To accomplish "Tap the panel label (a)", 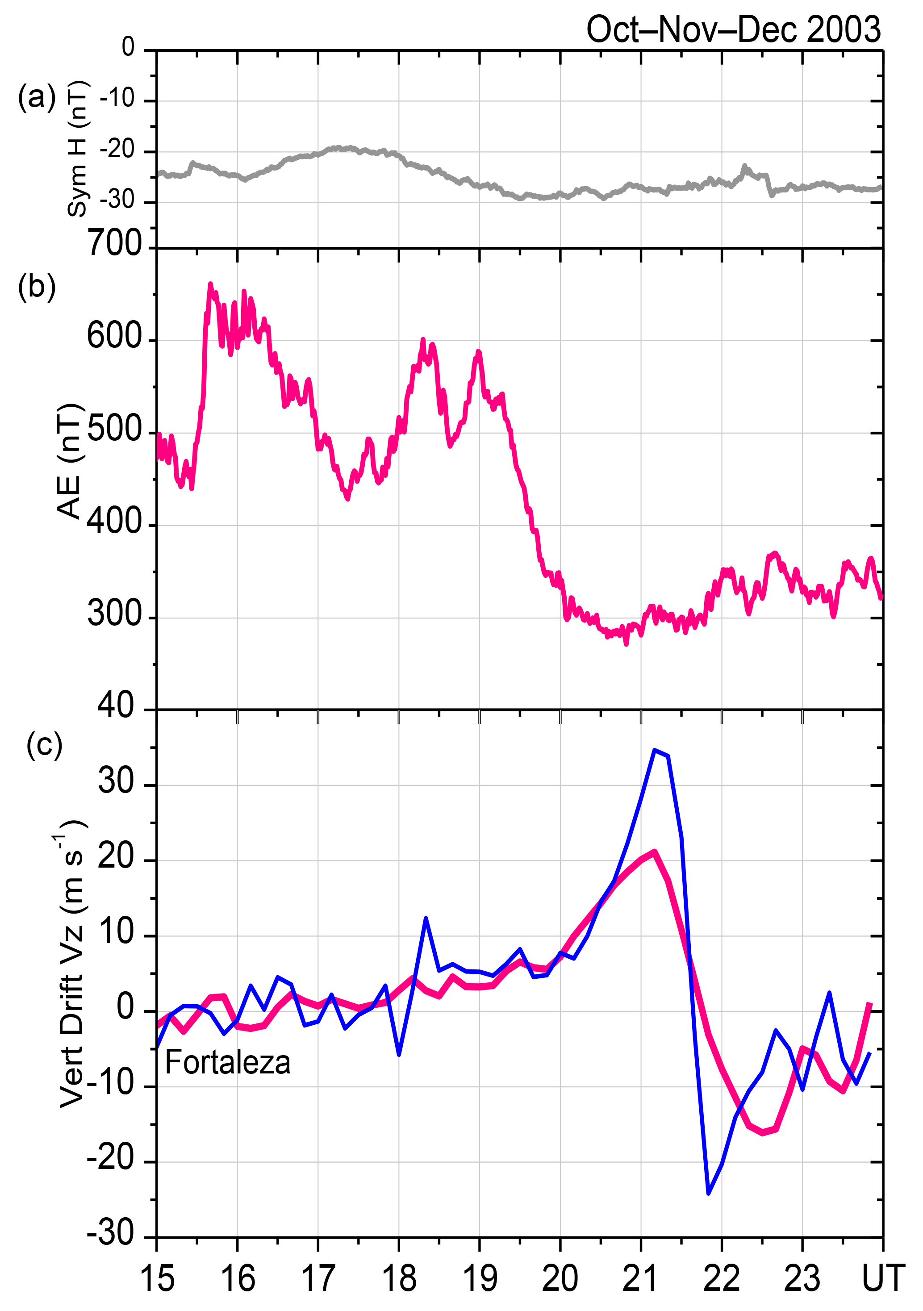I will [37, 97].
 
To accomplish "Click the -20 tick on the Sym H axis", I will [117, 150].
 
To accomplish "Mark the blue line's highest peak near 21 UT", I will [655, 750].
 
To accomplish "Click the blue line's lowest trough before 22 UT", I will [708, 1194].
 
